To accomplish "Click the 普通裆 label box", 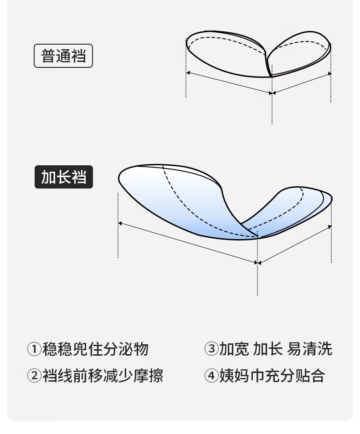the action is tap(63, 56).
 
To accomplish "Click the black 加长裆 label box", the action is tap(64, 177).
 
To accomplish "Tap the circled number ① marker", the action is tap(35, 349).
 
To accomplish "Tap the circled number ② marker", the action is tap(35, 376).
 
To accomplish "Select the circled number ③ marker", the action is tap(211, 349).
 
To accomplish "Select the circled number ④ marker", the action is tap(211, 376).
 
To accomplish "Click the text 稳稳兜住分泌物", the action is tap(96, 349).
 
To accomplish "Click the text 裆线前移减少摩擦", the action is tap(103, 376).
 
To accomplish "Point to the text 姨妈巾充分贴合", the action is tap(272, 376).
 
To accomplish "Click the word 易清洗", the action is tap(310, 349).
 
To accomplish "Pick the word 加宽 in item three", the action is tap(234, 349).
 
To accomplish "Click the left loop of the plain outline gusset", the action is tap(223, 52).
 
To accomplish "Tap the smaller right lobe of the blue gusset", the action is tap(292, 209).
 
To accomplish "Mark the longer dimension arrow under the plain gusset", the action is tap(229, 83).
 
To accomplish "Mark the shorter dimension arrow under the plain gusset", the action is tap(302, 83).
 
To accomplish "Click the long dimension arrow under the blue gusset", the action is tap(188, 243).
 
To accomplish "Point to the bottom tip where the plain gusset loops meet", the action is tap(272, 76).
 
